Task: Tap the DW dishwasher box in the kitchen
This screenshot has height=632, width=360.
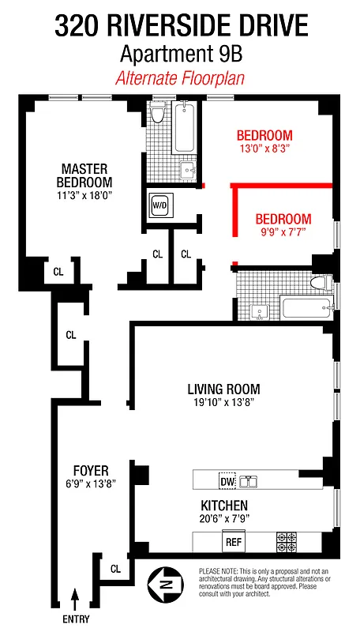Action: [x=227, y=480]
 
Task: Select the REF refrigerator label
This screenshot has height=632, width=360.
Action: [x=234, y=543]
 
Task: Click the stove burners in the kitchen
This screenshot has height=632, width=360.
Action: [x=286, y=542]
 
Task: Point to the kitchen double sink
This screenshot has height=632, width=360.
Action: [x=249, y=480]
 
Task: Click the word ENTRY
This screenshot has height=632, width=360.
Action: [x=76, y=619]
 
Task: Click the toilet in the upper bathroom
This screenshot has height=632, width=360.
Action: [x=158, y=115]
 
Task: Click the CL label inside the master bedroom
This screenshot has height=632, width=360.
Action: [x=58, y=272]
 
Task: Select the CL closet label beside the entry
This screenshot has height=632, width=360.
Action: [x=115, y=569]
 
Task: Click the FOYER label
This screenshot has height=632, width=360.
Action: [x=90, y=471]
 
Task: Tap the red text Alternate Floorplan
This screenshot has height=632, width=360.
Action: [x=180, y=78]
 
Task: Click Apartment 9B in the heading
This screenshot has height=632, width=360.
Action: [x=180, y=55]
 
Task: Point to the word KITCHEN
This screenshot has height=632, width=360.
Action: [x=223, y=505]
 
